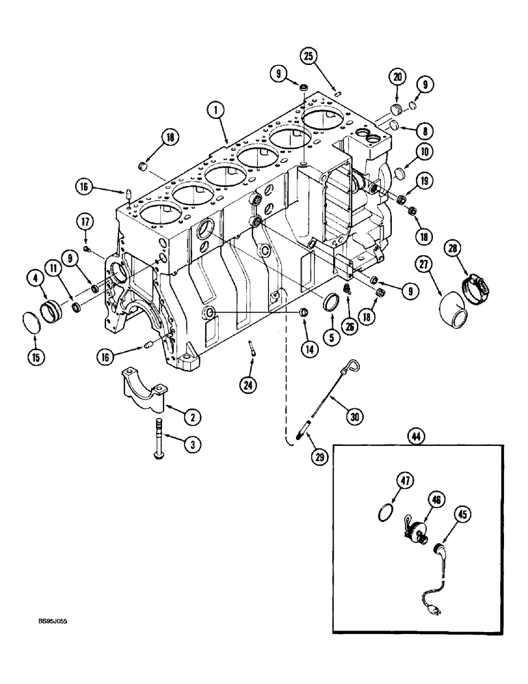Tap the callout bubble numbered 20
point(397,78)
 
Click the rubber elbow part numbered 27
point(453,310)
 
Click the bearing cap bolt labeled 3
point(159,450)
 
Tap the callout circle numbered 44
point(414,435)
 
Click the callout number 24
point(248,386)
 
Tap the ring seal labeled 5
point(330,303)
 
